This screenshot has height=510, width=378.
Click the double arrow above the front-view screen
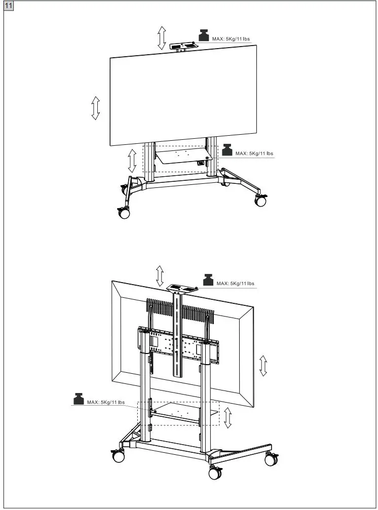tap(161, 38)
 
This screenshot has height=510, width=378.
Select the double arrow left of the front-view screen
tap(95, 108)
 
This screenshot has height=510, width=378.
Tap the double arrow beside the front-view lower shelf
tap(133, 161)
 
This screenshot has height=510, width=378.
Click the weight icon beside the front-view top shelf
tap(203, 35)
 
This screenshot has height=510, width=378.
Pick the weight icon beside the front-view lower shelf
tap(227, 149)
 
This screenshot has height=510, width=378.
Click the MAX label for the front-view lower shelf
tap(254, 153)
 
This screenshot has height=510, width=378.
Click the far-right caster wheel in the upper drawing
tap(260, 201)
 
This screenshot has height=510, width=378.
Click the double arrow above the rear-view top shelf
tap(160, 276)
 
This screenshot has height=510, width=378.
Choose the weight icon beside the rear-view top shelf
tap(208, 280)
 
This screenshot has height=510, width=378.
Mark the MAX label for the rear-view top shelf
tap(235, 284)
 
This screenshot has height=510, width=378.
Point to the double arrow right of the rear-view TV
tap(263, 365)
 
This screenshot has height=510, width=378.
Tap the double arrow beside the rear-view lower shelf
tap(228, 417)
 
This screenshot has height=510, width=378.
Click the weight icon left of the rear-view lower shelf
tap(78, 398)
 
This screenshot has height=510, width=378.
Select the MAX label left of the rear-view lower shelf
tap(105, 403)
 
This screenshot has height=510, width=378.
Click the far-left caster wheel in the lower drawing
tap(119, 456)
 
